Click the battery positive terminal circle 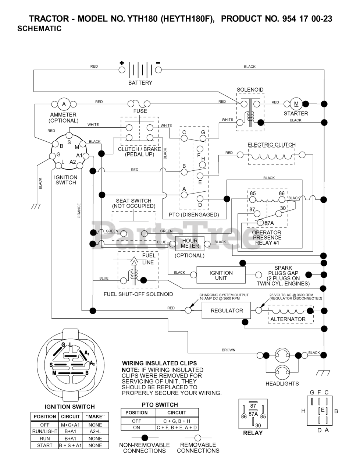coord(122,70)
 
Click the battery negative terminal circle coord(158,70)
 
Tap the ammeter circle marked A coord(64,104)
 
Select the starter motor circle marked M coord(296,104)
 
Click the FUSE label coord(140,111)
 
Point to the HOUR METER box coord(190,243)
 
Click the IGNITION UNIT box coord(221,275)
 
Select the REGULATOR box coord(226,310)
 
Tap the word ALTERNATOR coord(288,319)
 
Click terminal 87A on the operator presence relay coord(260,223)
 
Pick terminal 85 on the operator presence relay coord(253,199)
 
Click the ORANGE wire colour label coord(79,211)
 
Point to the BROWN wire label coord(229,350)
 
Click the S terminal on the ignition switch coord(69,135)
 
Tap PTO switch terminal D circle coord(200,199)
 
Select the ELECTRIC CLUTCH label coord(271,145)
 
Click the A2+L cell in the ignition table coord(95,431)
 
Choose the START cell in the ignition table coord(44,446)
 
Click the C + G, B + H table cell coord(177,421)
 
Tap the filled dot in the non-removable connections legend coord(145,438)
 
